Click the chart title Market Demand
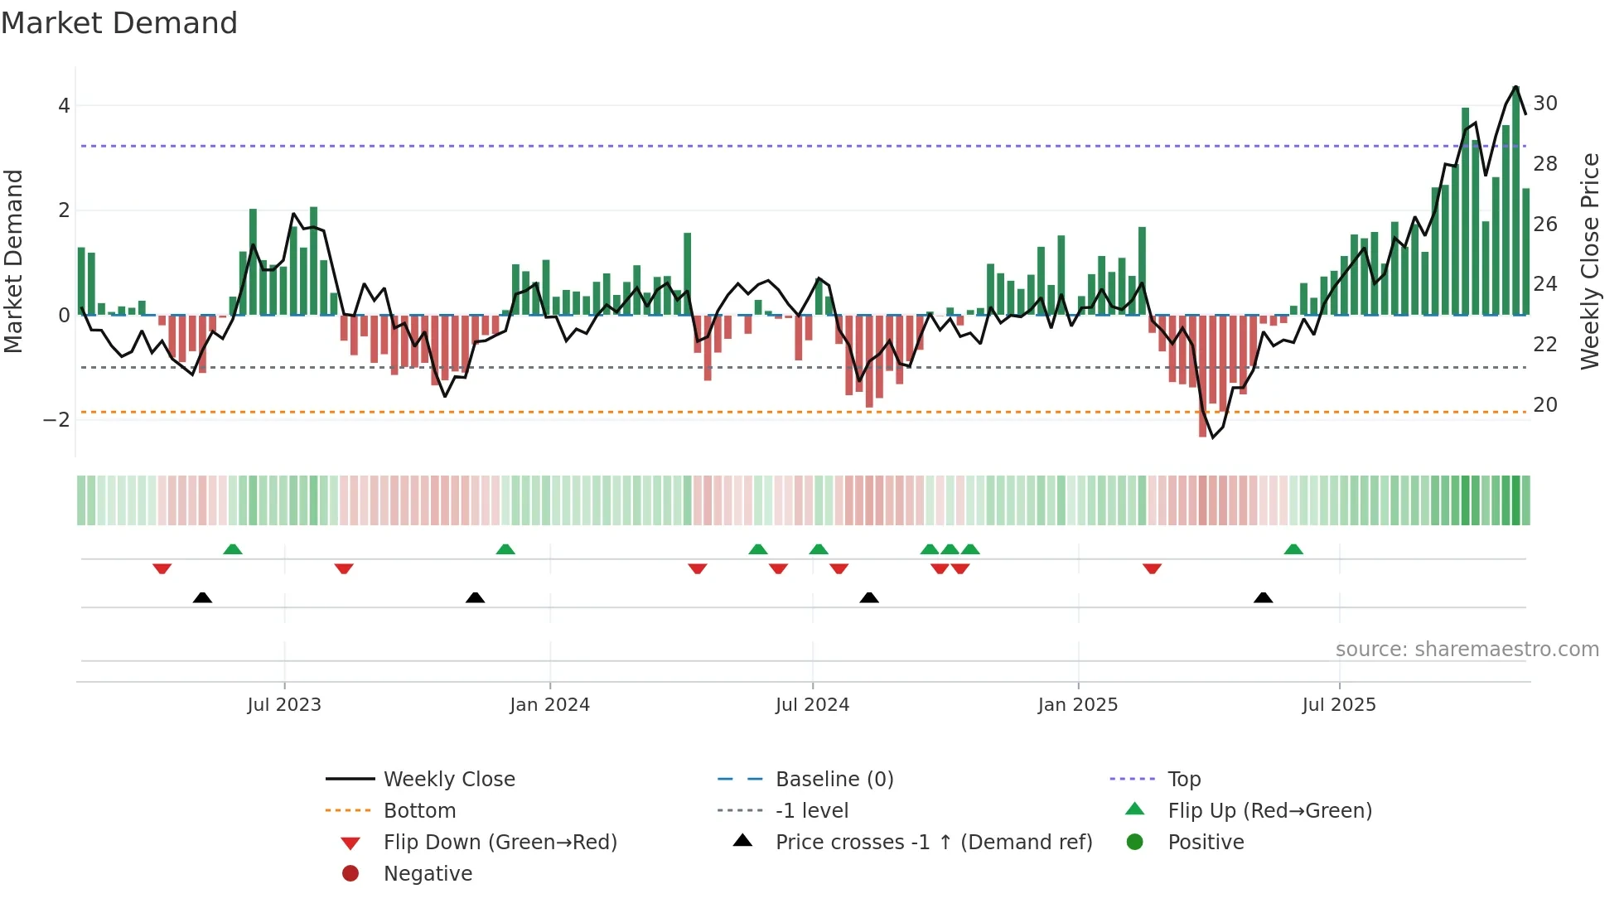click(x=119, y=23)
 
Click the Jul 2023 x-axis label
click(x=284, y=705)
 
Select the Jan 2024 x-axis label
click(x=549, y=705)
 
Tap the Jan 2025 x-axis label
click(x=1077, y=705)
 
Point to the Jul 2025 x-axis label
click(x=1338, y=705)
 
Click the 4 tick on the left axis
click(x=64, y=106)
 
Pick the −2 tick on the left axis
click(x=56, y=420)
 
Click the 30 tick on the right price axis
click(x=1544, y=104)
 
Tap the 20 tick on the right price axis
click(x=1544, y=405)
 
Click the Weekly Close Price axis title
click(x=1589, y=261)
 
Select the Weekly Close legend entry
click(x=448, y=780)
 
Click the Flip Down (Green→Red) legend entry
click(x=500, y=843)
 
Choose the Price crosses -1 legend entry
click(x=933, y=843)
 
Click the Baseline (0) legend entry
click(x=834, y=780)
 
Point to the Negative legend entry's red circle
click(x=350, y=874)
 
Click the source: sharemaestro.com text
click(x=1467, y=650)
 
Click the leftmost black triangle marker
click(x=202, y=598)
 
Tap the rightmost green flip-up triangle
click(x=1293, y=549)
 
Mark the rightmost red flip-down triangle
click(x=1152, y=568)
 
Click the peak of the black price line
click(x=1515, y=87)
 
